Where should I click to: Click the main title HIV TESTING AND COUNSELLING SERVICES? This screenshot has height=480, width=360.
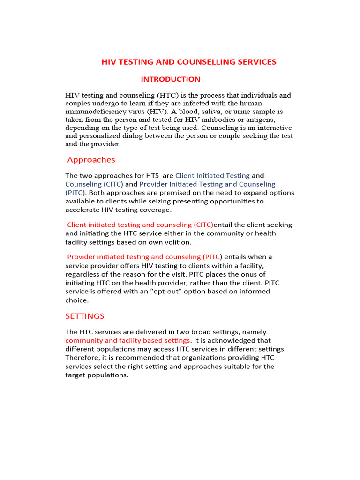[x=189, y=62]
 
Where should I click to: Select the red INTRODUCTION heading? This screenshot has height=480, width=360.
[x=171, y=79]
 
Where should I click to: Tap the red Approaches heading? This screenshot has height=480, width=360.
[x=91, y=160]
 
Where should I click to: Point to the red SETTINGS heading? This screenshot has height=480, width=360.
[x=85, y=316]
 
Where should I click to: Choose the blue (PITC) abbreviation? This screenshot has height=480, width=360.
[x=75, y=193]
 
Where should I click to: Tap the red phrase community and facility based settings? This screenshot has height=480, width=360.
[x=128, y=340]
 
